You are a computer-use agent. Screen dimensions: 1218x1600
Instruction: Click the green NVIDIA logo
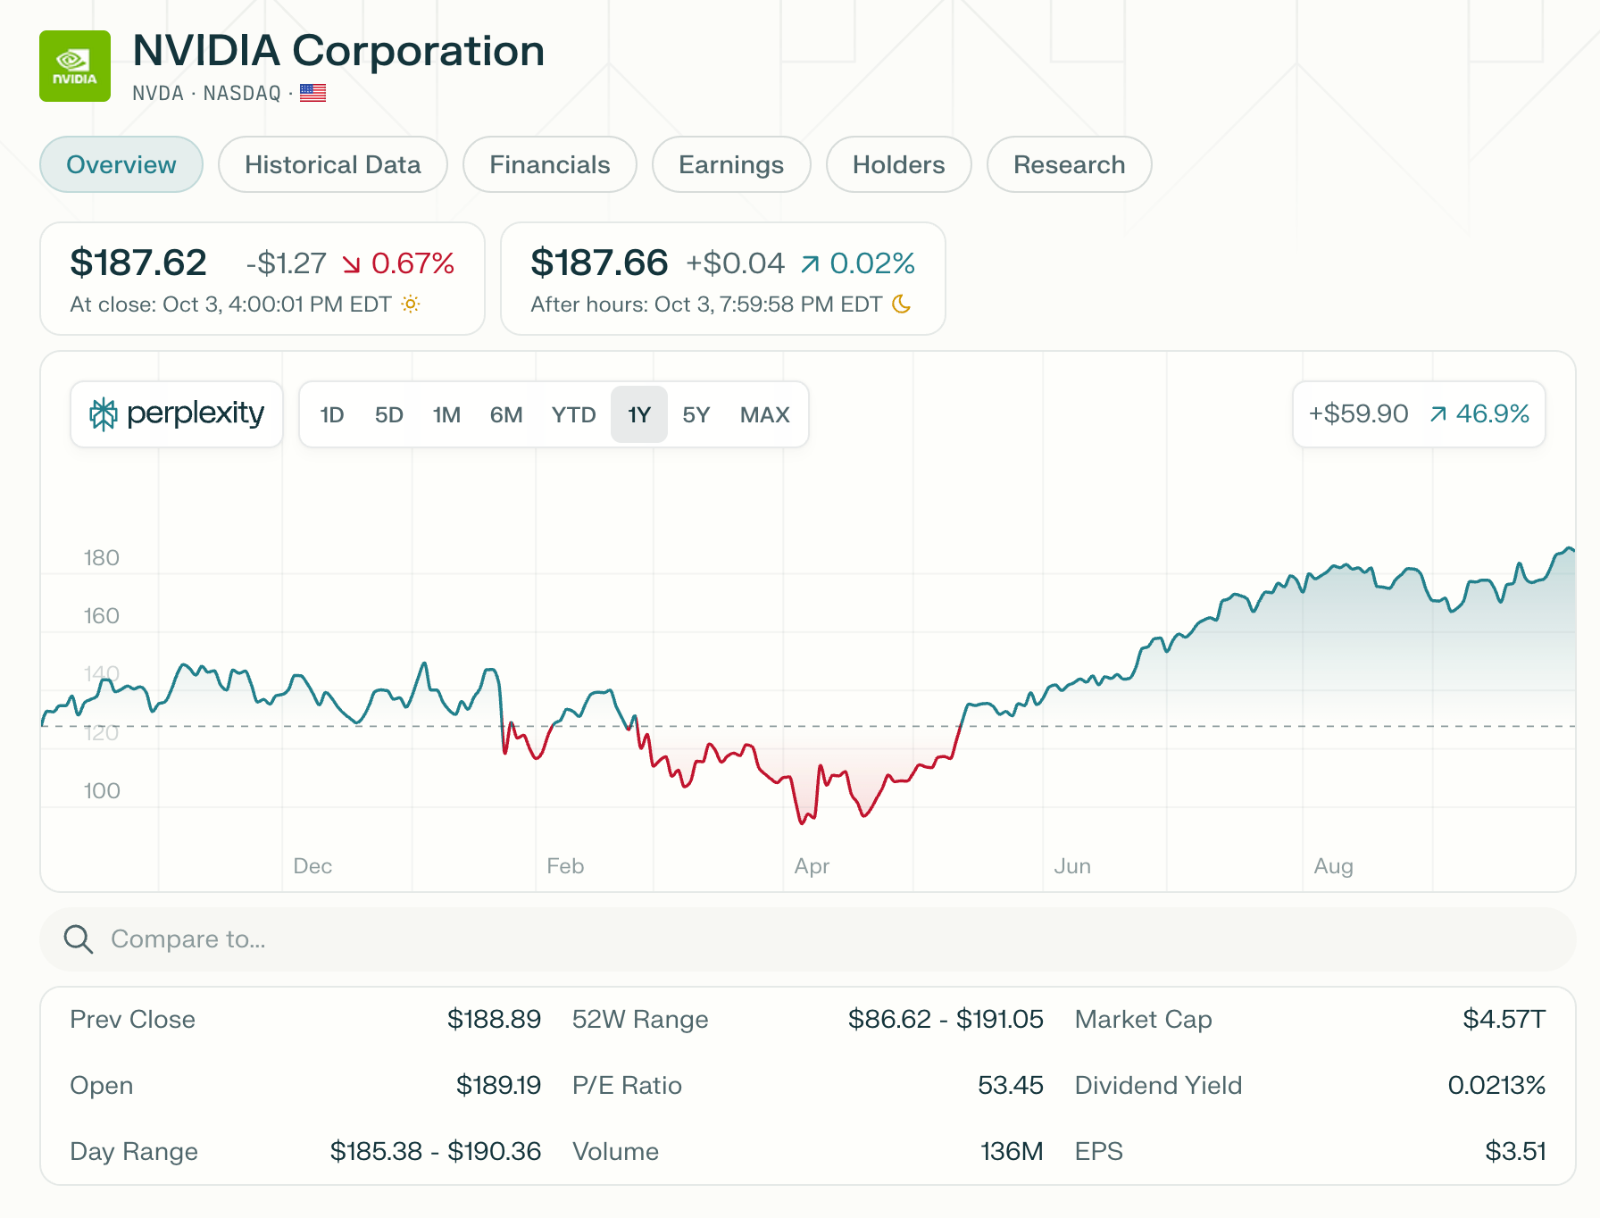75,66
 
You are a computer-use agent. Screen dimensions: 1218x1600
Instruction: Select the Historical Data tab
332,164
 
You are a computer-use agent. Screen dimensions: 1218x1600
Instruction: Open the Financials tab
549,164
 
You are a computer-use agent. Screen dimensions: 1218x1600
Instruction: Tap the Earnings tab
730,164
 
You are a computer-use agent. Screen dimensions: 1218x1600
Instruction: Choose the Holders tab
898,164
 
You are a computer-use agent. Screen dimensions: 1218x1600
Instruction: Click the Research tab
1069,164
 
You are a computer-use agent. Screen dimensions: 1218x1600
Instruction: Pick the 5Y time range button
696,414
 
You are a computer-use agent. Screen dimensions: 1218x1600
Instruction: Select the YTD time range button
573,414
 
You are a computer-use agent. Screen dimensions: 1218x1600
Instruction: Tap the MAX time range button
764,414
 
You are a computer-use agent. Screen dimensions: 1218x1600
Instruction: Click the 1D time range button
332,414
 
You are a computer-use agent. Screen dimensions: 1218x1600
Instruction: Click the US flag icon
312,93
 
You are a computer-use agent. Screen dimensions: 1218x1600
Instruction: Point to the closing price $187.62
138,263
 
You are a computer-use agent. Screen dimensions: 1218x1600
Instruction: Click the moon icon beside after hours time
902,304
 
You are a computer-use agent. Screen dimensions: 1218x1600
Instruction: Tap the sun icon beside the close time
410,304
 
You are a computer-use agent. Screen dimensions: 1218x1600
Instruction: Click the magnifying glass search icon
79,939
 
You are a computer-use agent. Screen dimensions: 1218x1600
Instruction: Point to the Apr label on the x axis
812,866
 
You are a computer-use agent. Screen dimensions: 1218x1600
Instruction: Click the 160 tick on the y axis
101,616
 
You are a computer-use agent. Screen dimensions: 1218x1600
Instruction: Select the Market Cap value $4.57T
1504,1019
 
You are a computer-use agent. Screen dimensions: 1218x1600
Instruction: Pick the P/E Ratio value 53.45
1010,1085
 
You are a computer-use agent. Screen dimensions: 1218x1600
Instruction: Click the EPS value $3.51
1515,1151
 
